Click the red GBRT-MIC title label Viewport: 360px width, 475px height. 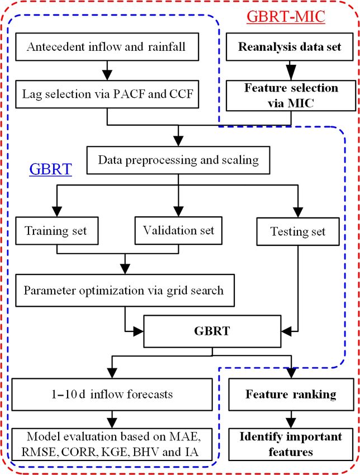[x=286, y=16]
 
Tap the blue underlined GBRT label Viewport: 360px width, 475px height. [x=51, y=169]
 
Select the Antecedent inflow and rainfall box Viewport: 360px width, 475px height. [x=107, y=46]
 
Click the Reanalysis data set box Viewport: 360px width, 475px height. [x=290, y=46]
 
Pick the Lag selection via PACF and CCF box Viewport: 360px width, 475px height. [x=107, y=94]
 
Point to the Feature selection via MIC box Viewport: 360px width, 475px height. [x=291, y=96]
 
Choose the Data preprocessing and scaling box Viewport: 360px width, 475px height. [x=178, y=160]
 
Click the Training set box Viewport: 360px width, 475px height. [x=56, y=231]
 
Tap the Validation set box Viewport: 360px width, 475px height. [x=178, y=231]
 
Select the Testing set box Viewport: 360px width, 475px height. [x=298, y=231]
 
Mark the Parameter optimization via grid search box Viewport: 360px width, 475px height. [x=125, y=290]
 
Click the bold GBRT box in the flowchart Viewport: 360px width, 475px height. [x=212, y=331]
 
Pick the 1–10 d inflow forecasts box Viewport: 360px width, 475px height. [x=112, y=395]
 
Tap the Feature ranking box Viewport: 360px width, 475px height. [x=291, y=395]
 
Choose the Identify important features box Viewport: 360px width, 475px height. [x=291, y=444]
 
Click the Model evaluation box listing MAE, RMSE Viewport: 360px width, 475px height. [x=112, y=444]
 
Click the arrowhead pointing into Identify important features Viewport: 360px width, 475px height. [x=291, y=422]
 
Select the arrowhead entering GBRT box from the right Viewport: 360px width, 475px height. [x=286, y=331]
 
